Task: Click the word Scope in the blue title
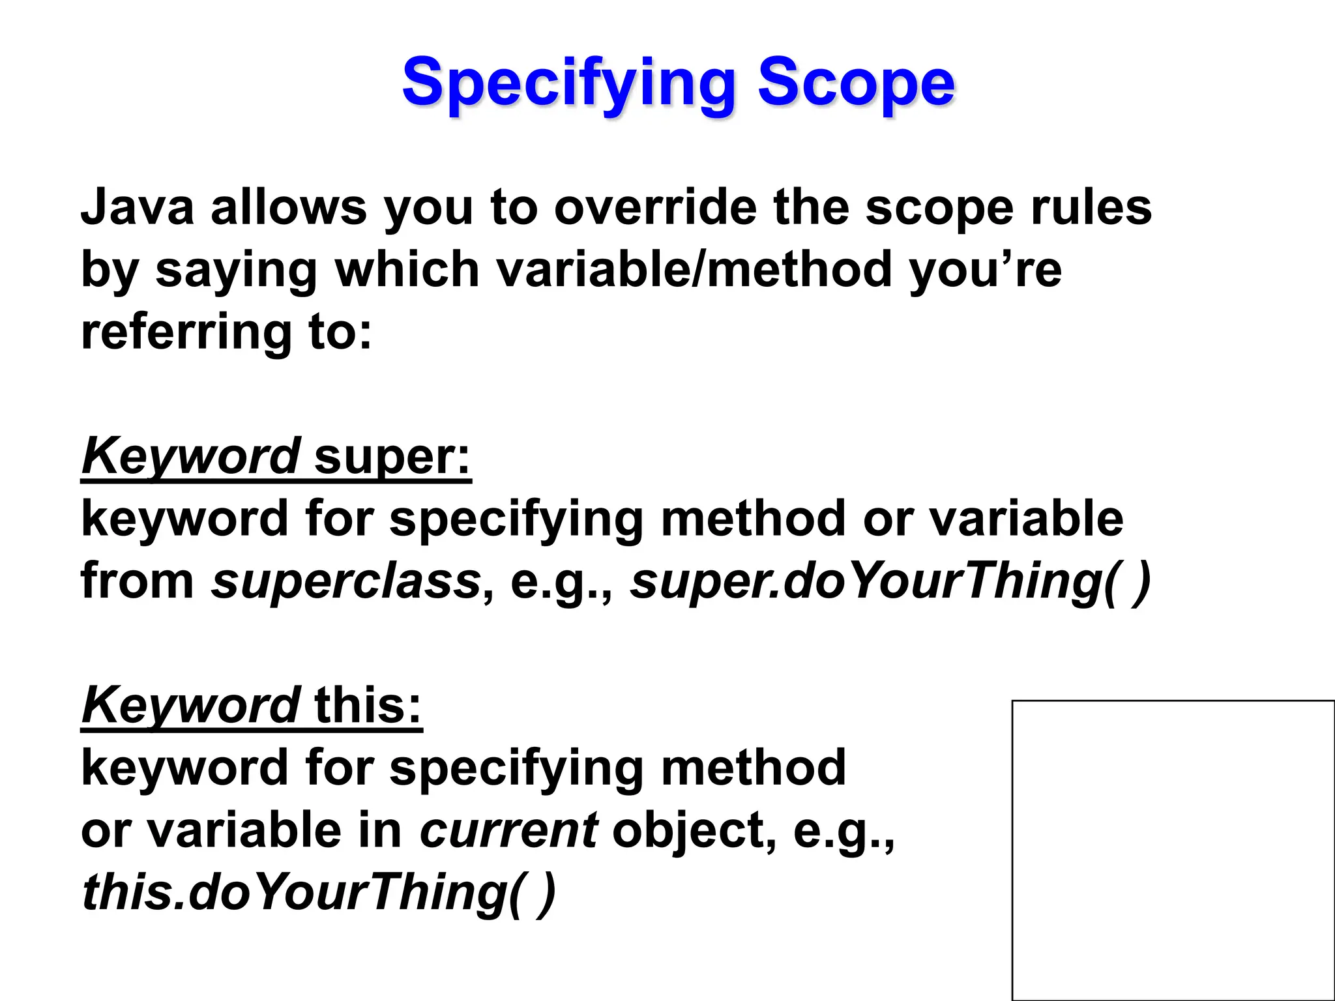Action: pos(855,83)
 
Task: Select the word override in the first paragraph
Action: pos(656,207)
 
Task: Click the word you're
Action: pos(985,269)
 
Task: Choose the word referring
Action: pos(186,332)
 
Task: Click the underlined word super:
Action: pos(392,456)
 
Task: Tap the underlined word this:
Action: pos(368,706)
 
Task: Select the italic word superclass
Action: pos(346,581)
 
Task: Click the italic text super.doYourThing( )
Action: pos(890,581)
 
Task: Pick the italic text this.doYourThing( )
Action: pos(319,893)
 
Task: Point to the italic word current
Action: pos(508,830)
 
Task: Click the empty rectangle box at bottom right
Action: pos(1173,850)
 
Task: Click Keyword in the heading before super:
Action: pos(190,456)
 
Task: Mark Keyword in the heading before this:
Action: pos(190,706)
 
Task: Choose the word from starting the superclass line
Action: pos(138,581)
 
